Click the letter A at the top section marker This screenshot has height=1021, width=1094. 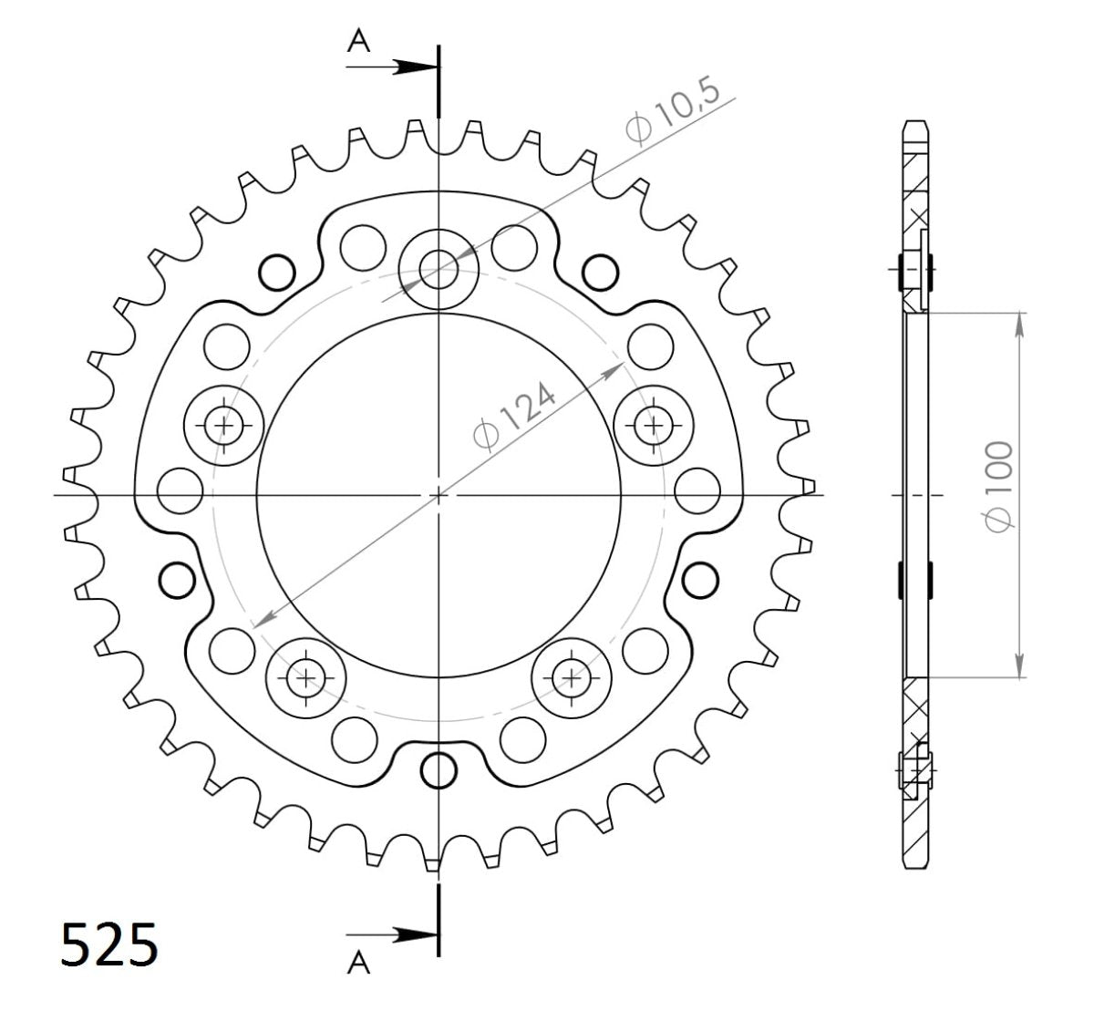point(360,43)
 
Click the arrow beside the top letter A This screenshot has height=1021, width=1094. point(410,67)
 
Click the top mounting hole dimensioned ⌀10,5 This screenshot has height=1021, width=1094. point(439,267)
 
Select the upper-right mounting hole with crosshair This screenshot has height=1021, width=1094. point(653,424)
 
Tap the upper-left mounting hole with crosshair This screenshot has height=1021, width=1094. point(223,424)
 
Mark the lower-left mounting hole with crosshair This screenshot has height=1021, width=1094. point(306,677)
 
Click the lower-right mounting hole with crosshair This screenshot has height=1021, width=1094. point(571,677)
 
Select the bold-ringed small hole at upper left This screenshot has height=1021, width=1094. point(277,271)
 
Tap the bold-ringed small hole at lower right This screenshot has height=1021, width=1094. point(700,578)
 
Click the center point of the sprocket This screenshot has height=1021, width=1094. point(439,495)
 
